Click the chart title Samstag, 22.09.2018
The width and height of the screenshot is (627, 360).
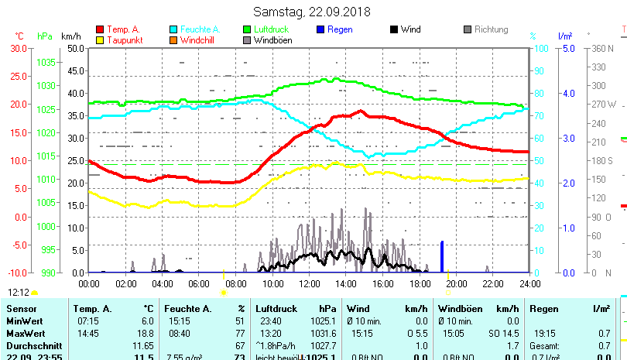312,12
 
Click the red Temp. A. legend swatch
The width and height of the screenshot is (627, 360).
100,29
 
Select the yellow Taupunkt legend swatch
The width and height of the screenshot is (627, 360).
100,39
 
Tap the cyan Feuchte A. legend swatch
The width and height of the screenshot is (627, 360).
173,29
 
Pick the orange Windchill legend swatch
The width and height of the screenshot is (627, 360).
173,39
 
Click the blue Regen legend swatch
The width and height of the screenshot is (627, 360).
320,29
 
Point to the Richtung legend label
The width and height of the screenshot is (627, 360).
491,29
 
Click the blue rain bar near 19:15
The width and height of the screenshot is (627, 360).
442,257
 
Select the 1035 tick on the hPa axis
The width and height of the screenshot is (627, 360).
46,62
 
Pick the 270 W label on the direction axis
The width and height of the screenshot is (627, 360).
604,105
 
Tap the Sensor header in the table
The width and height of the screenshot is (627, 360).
21,309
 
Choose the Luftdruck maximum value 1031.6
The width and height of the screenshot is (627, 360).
323,332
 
